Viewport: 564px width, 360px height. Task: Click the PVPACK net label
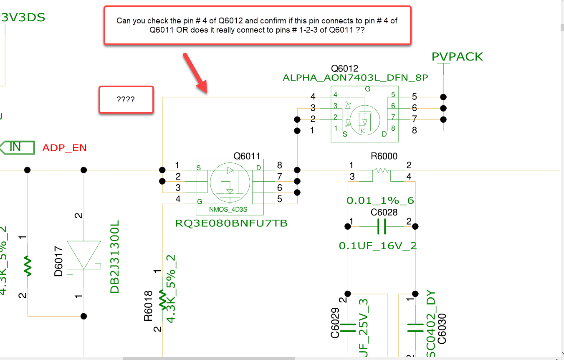458,57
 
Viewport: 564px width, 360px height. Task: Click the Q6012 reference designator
344,68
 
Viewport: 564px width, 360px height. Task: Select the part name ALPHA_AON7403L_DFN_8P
355,78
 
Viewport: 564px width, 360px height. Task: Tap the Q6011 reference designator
247,156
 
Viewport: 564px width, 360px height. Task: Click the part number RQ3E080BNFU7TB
232,223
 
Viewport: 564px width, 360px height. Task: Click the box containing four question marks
126,99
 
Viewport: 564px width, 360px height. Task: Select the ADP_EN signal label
65,148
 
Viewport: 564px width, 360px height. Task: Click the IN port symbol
17,147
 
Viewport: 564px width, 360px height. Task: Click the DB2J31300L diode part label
115,257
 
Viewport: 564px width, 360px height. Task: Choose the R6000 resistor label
384,156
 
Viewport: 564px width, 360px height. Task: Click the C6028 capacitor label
384,213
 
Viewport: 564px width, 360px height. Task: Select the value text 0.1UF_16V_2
378,246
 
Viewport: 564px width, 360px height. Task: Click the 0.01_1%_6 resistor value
380,200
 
